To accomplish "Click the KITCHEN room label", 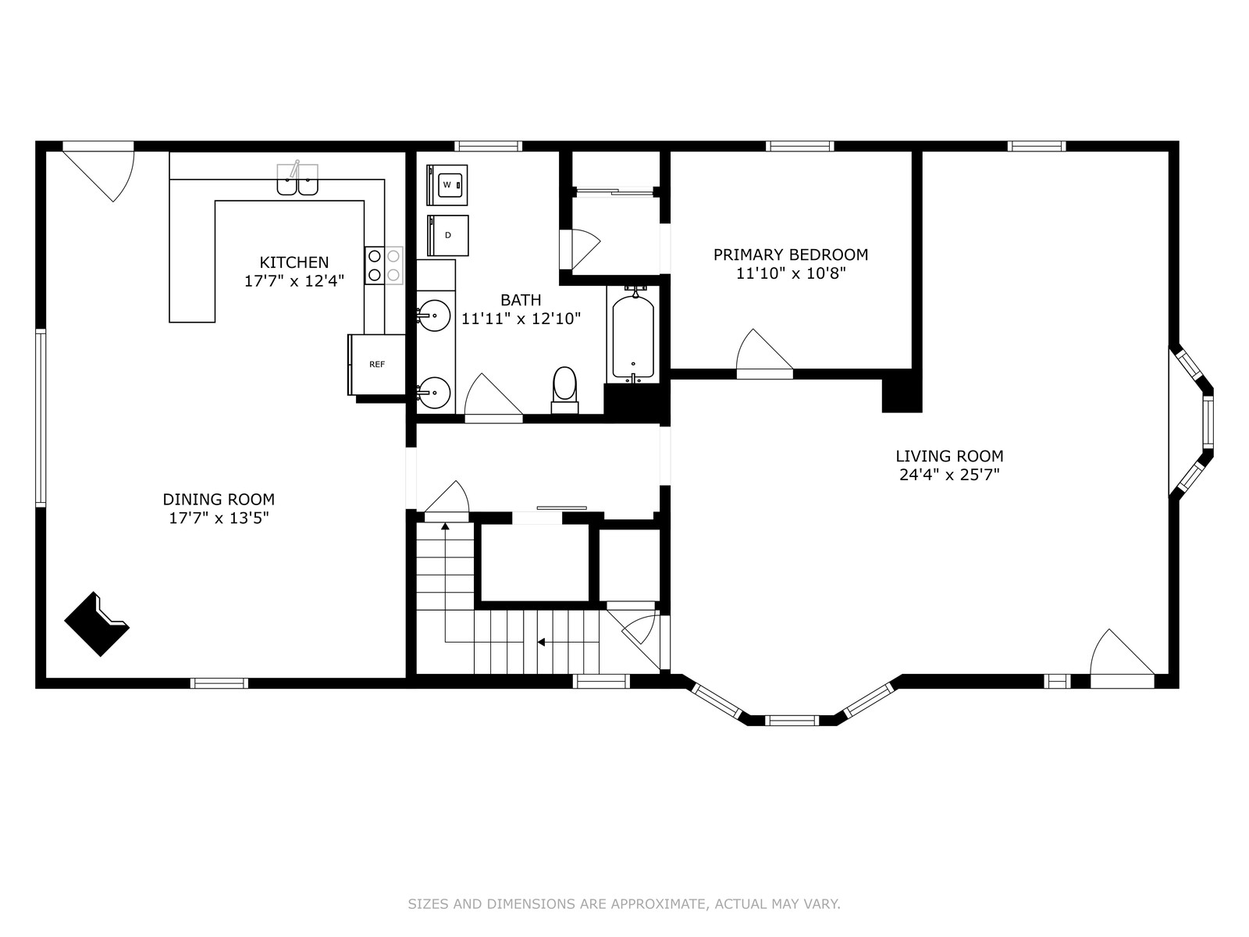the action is pyautogui.click(x=294, y=262).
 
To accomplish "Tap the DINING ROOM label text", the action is pyautogui.click(x=219, y=500).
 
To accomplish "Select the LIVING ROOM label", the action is pyautogui.click(x=949, y=456).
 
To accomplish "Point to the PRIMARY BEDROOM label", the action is pyautogui.click(x=791, y=255).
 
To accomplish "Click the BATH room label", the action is pyautogui.click(x=521, y=300).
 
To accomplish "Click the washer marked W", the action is pyautogui.click(x=447, y=185).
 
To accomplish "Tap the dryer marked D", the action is pyautogui.click(x=448, y=236).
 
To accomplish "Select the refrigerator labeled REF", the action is pyautogui.click(x=377, y=365).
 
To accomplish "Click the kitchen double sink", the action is pyautogui.click(x=297, y=180).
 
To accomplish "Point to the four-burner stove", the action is pyautogui.click(x=384, y=265).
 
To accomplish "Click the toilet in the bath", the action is pyautogui.click(x=564, y=390).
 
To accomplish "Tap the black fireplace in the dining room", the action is pyautogui.click(x=97, y=624).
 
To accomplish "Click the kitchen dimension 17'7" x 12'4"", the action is pyautogui.click(x=294, y=281).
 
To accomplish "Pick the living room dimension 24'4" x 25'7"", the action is pyautogui.click(x=949, y=475).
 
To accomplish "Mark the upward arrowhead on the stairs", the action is pyautogui.click(x=445, y=527).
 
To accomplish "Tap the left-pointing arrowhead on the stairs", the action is pyautogui.click(x=542, y=643).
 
